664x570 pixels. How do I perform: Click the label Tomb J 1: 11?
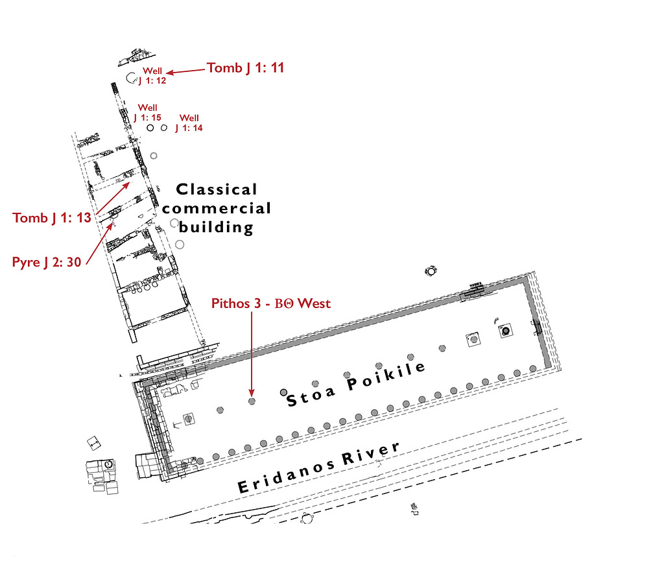click(x=245, y=67)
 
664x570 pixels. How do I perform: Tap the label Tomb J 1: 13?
click(x=52, y=218)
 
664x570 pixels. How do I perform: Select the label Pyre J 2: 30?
click(x=47, y=262)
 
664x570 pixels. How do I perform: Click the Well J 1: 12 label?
click(x=152, y=75)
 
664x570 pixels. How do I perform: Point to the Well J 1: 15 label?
click(x=147, y=113)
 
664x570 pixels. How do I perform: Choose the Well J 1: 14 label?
click(x=189, y=123)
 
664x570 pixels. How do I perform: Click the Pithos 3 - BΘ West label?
click(x=271, y=303)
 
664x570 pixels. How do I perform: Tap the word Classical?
click(x=217, y=189)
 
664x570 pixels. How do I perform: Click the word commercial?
click(x=217, y=208)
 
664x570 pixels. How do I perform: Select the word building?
click(x=216, y=227)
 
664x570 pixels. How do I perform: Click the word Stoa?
click(x=311, y=396)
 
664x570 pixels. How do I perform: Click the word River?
click(x=370, y=453)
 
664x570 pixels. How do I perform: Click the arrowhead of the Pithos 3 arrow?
click(x=252, y=394)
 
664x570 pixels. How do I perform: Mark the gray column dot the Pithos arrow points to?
click(x=252, y=401)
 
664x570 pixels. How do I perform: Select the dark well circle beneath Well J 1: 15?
click(x=150, y=128)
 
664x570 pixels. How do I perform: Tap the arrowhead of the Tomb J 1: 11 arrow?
click(x=169, y=73)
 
